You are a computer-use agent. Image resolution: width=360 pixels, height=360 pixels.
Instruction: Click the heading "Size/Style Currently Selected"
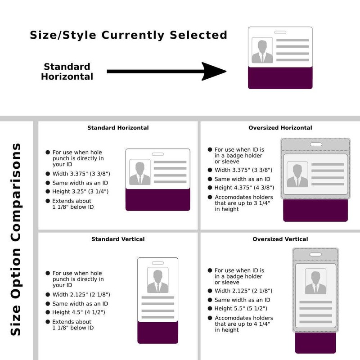click(x=128, y=35)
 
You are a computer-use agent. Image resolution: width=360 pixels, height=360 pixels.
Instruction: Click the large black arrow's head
click(x=214, y=71)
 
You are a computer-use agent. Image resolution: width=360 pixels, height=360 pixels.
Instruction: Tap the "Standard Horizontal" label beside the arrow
click(x=67, y=72)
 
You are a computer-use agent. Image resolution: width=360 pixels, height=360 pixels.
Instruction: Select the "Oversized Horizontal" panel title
click(x=280, y=128)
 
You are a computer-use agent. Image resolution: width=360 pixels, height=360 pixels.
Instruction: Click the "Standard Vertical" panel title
click(x=118, y=239)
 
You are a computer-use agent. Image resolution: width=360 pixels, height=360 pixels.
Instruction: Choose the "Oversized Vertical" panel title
click(x=280, y=239)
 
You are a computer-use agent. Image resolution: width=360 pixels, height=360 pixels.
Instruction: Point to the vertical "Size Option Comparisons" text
click(x=16, y=239)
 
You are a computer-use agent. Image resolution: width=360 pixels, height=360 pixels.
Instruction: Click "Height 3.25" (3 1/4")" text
click(x=80, y=192)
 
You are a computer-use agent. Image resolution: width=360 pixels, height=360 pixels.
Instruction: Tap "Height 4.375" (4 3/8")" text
click(x=244, y=188)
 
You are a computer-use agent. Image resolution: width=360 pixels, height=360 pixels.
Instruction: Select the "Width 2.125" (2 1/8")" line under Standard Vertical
click(x=81, y=295)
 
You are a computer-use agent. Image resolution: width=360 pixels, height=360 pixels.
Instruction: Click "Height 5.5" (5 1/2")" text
click(x=241, y=308)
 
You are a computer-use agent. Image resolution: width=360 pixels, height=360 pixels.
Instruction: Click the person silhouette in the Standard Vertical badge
click(x=157, y=281)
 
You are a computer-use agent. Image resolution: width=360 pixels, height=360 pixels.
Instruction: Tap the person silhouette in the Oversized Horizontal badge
click(x=297, y=174)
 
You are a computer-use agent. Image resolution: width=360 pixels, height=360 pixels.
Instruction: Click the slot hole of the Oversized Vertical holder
click(x=315, y=255)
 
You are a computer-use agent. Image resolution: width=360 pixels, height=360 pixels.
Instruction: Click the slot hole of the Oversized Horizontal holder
click(x=315, y=144)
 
